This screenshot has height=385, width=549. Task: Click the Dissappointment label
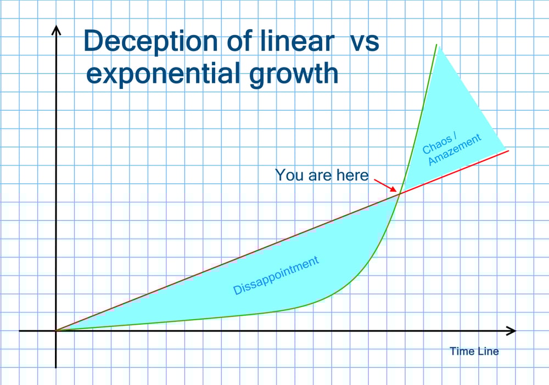tap(276, 275)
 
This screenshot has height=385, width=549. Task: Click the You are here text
tap(322, 175)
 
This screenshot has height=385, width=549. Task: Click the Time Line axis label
tap(474, 351)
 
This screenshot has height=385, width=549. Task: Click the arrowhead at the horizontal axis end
tap(513, 331)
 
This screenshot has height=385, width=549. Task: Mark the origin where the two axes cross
tap(55, 331)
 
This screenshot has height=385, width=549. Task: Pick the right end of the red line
tap(508, 150)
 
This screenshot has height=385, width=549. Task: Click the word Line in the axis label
tap(488, 351)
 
